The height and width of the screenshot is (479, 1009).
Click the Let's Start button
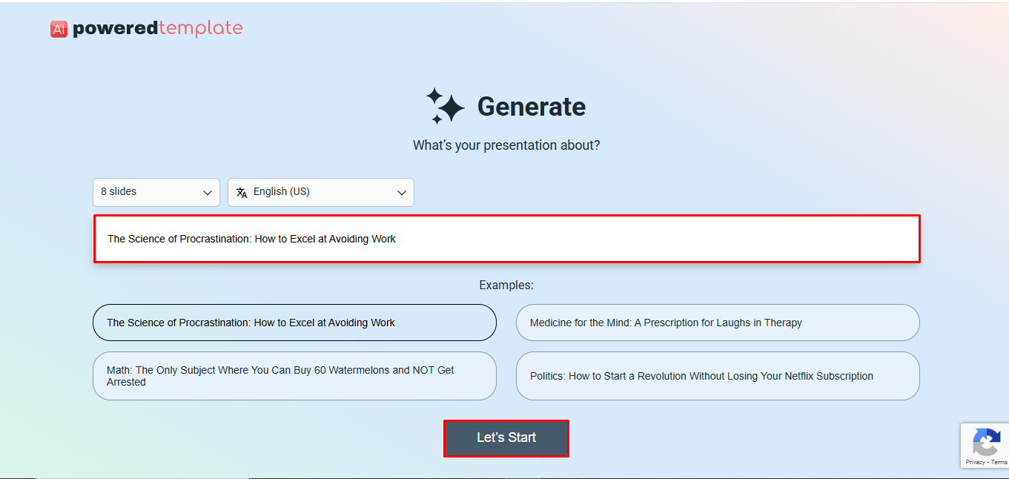click(x=506, y=438)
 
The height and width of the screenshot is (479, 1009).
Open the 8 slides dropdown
click(x=156, y=192)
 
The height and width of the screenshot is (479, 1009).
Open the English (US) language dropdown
click(x=320, y=192)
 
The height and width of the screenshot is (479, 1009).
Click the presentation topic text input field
click(x=506, y=239)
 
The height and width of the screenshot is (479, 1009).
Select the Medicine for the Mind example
click(x=718, y=323)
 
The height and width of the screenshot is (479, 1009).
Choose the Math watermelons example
click(x=294, y=376)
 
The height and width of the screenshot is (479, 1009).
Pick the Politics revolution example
click(x=718, y=376)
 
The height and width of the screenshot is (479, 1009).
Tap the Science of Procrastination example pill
click(x=294, y=323)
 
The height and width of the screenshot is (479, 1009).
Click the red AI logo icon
click(x=59, y=29)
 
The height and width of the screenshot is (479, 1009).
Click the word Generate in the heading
click(x=531, y=107)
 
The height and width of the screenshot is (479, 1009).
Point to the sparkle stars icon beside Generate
click(x=445, y=106)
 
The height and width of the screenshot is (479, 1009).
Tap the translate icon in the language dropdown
click(x=242, y=193)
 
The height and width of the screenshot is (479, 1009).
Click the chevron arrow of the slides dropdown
click(x=208, y=193)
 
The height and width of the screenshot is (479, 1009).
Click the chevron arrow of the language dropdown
click(x=402, y=193)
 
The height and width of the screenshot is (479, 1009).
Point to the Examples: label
click(x=506, y=285)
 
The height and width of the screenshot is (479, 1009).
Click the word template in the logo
click(x=200, y=29)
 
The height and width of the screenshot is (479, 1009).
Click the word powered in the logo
click(x=115, y=29)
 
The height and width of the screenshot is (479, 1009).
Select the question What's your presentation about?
click(x=506, y=145)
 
